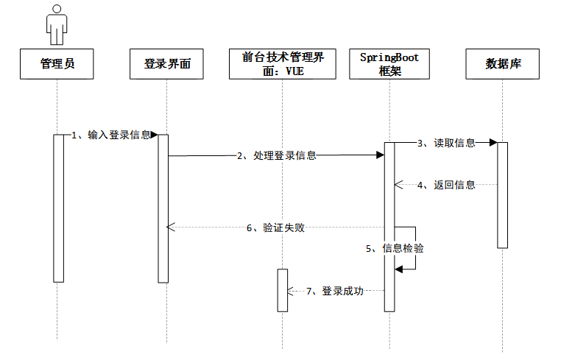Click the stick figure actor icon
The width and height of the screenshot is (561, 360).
coord(57,24)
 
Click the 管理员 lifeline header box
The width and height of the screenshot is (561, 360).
coord(57,64)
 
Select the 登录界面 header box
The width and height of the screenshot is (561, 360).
coord(166,64)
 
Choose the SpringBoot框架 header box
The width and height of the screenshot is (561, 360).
coord(389,64)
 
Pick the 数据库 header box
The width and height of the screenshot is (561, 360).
coord(504,64)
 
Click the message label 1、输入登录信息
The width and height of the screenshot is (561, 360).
coord(112,135)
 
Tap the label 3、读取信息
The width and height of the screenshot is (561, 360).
coord(446,143)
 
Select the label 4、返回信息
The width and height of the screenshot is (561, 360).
coord(446,185)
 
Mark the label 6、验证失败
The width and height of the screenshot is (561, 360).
coord(275,227)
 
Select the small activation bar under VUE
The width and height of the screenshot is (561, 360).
coord(282,290)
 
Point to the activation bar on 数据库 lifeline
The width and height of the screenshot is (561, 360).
coord(502,194)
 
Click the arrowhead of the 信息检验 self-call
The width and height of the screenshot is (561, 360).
coord(398,269)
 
